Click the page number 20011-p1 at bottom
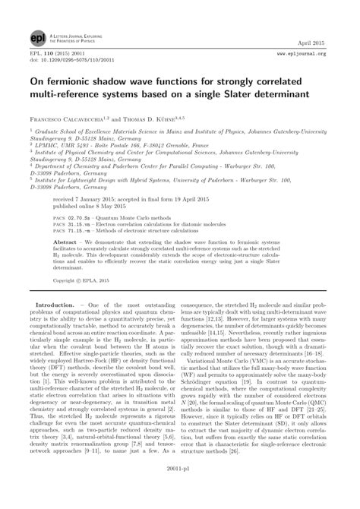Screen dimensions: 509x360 [x=180, y=491]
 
